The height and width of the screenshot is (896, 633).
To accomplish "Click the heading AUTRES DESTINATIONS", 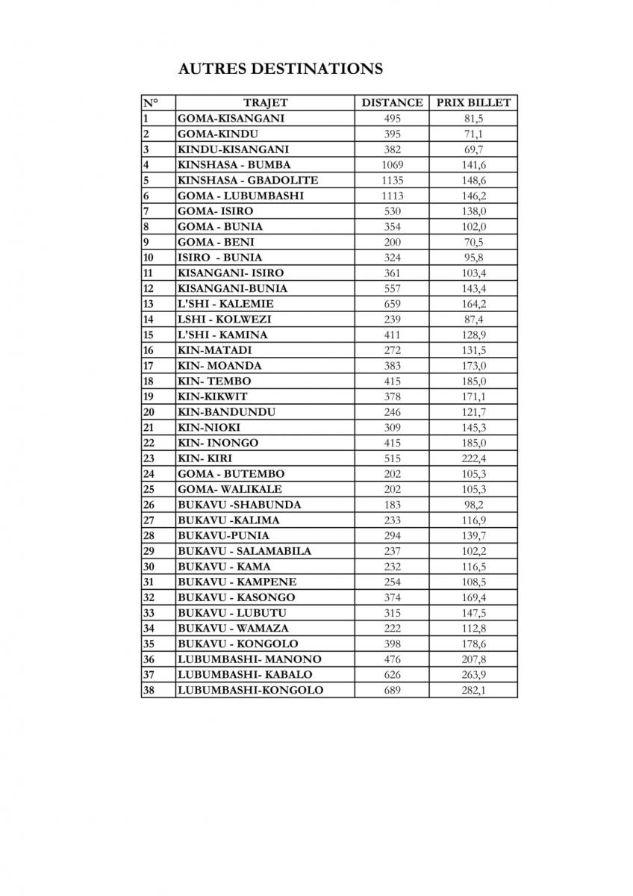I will tap(281, 69).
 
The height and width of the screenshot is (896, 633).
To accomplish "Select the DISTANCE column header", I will tap(392, 103).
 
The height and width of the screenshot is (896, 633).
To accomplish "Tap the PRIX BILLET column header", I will tap(473, 103).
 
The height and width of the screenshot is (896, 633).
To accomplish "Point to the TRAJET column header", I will tap(265, 103).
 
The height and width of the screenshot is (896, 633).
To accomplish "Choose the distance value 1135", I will tap(392, 180).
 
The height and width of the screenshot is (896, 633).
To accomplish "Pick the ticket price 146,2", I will tap(473, 196).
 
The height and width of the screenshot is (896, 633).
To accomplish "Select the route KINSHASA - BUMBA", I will tap(234, 165).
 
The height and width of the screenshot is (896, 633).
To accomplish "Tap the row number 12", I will tap(147, 288).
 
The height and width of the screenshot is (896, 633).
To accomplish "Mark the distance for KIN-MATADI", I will tap(392, 350).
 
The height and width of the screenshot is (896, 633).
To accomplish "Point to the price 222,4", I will tap(473, 458).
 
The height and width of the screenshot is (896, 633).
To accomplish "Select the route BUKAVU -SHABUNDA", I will tap(239, 505).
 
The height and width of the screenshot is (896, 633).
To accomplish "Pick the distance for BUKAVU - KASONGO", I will tap(392, 597).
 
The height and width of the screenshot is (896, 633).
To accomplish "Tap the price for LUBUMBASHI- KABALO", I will tap(473, 675).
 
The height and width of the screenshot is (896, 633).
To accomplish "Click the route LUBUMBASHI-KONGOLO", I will tap(250, 691).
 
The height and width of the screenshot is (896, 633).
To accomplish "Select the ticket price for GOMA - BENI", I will tap(473, 242).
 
